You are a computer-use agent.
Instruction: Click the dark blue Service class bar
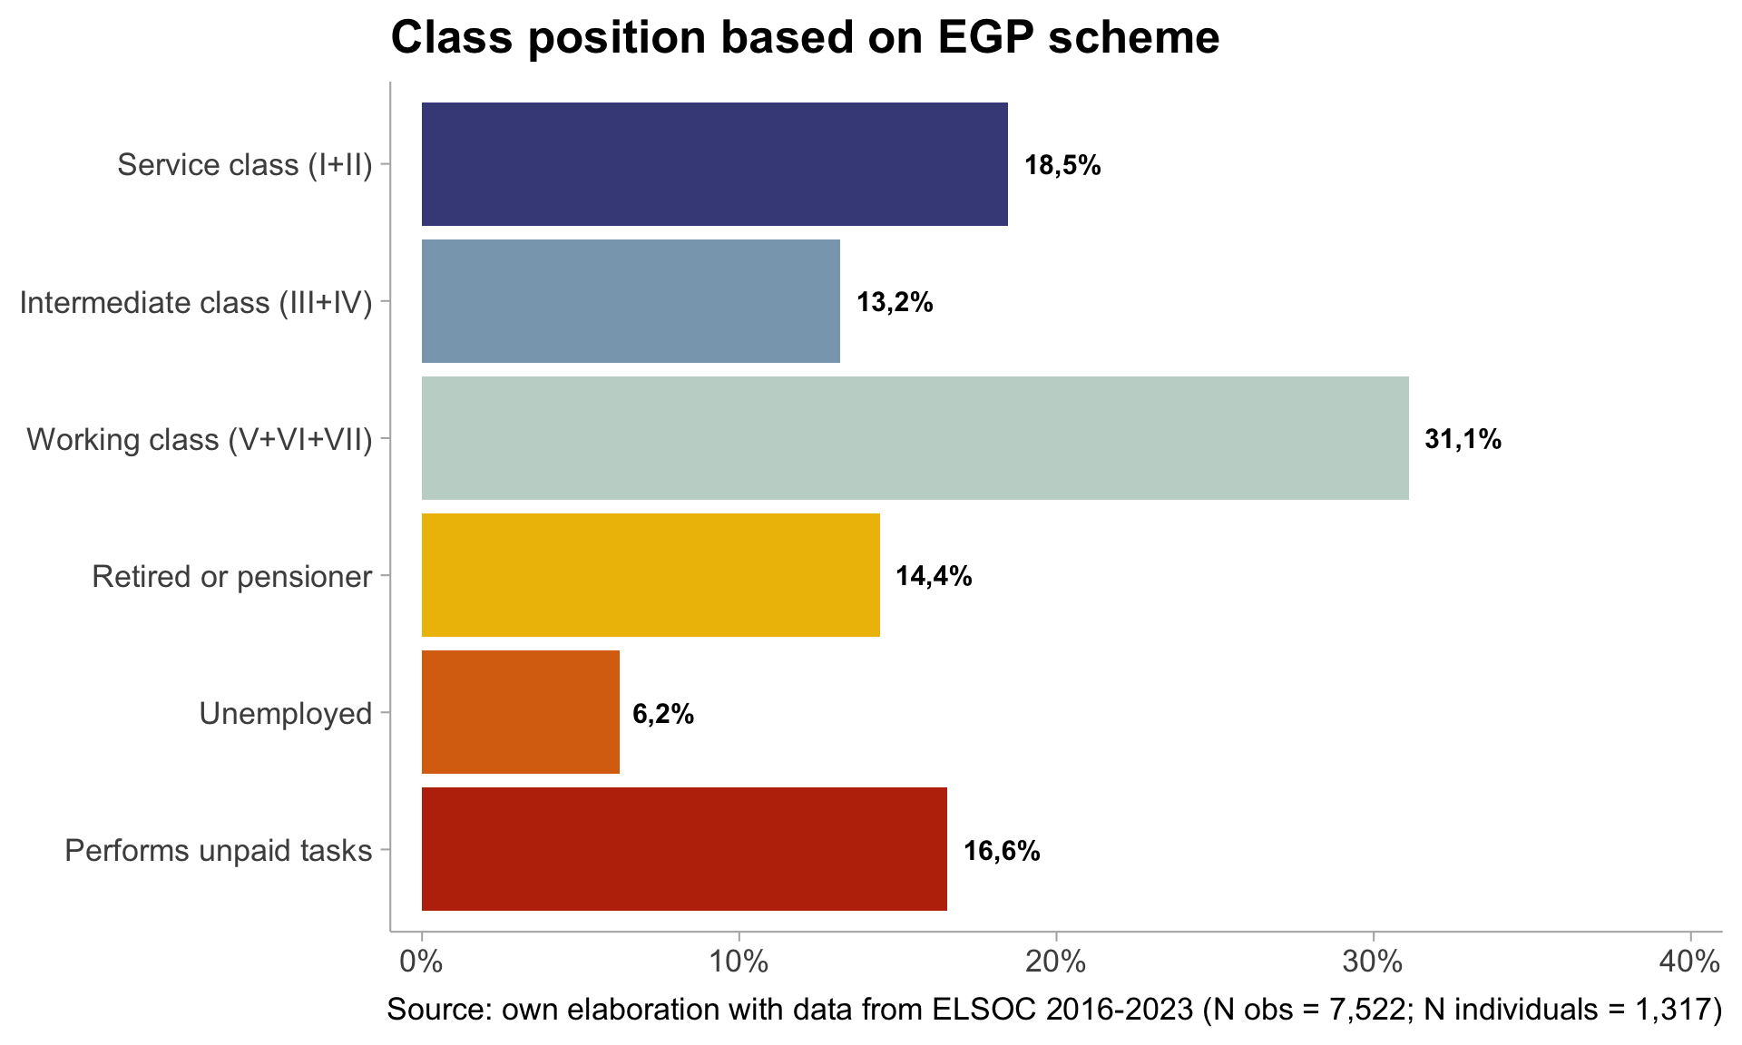point(714,164)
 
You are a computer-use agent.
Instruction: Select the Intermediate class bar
point(631,301)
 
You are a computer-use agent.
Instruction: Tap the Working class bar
point(915,438)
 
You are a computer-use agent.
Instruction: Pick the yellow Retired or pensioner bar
point(651,575)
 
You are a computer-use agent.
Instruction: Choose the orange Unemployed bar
point(520,712)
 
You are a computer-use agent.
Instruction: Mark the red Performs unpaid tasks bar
point(684,849)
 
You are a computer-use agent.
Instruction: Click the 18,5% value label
point(1062,165)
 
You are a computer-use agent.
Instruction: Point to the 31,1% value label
point(1463,440)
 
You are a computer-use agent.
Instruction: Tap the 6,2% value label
point(663,715)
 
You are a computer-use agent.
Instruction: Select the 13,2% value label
point(895,302)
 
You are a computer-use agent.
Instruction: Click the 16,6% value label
point(1002,851)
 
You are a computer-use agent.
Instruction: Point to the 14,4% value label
point(934,576)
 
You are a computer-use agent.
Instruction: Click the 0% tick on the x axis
point(422,962)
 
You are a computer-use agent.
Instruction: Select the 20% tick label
point(1056,962)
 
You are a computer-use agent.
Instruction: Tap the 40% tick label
point(1689,962)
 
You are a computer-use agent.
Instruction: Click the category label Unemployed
point(286,714)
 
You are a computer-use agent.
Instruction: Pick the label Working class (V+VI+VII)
point(200,440)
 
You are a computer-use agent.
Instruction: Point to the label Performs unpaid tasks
point(219,851)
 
